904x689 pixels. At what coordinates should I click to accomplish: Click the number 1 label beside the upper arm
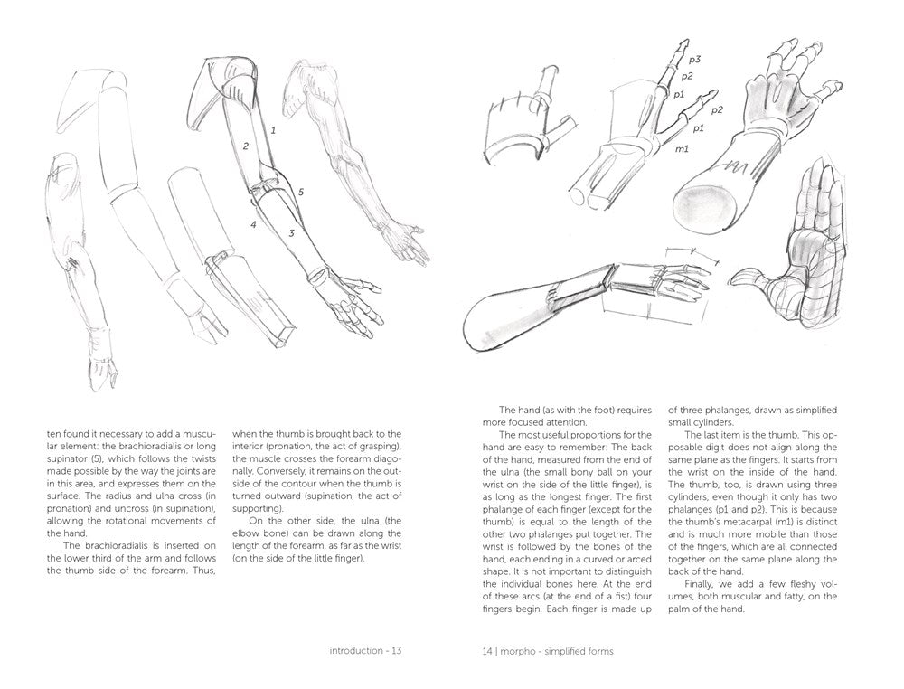pyautogui.click(x=273, y=130)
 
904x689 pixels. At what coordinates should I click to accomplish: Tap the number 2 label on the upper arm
pyautogui.click(x=245, y=145)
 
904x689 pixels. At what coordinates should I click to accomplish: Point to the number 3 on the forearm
pyautogui.click(x=291, y=233)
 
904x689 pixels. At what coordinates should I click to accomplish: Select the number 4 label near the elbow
pyautogui.click(x=254, y=223)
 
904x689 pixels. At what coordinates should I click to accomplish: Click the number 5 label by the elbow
pyautogui.click(x=301, y=192)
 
